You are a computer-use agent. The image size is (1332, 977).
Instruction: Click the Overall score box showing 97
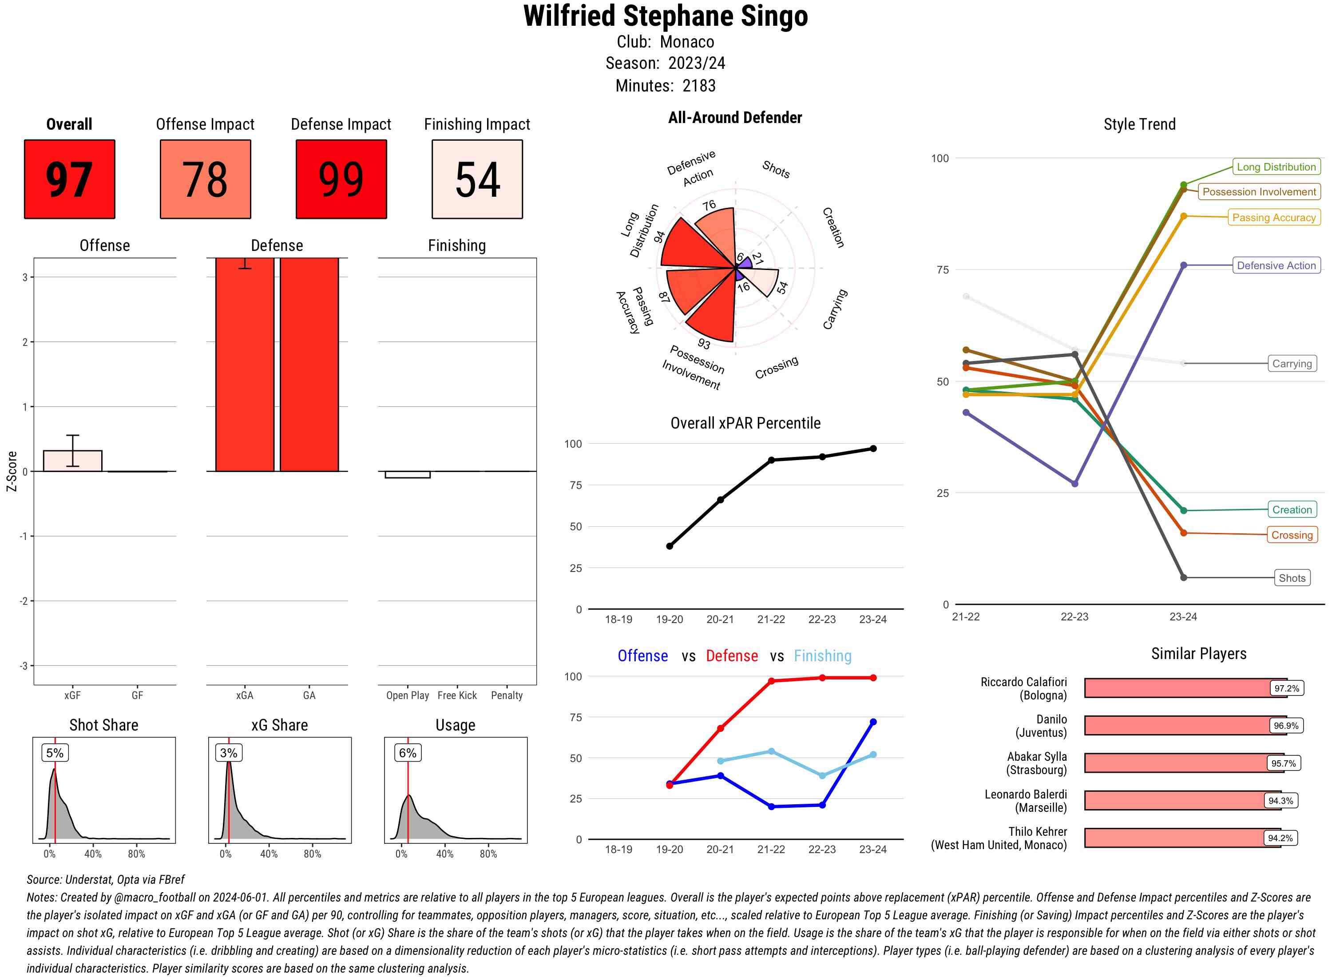pyautogui.click(x=69, y=179)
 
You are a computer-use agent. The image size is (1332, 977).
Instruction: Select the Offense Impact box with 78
pyautogui.click(x=205, y=179)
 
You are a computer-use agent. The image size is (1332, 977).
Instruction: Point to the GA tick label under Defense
pyautogui.click(x=309, y=695)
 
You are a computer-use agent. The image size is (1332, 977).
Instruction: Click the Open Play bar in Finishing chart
pyautogui.click(x=407, y=474)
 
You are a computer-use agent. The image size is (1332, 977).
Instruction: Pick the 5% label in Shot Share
pyautogui.click(x=55, y=753)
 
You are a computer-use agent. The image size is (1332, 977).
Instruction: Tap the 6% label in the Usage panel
pyautogui.click(x=407, y=753)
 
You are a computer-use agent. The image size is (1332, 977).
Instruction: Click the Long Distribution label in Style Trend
pyautogui.click(x=1276, y=167)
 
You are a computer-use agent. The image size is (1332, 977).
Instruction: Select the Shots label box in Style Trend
pyautogui.click(x=1292, y=578)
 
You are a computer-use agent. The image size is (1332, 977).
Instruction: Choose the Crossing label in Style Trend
pyautogui.click(x=1292, y=535)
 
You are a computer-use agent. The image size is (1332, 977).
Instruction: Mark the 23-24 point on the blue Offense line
pyautogui.click(x=872, y=722)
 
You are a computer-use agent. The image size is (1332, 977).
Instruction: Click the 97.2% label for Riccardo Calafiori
pyautogui.click(x=1286, y=688)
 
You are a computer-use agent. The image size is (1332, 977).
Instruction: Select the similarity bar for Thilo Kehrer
pyautogui.click(x=1182, y=838)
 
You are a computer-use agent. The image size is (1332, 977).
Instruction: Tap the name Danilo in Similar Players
pyautogui.click(x=1051, y=719)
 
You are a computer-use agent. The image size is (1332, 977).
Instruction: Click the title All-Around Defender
pyautogui.click(x=735, y=118)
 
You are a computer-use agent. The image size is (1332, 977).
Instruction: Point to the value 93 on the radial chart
pyautogui.click(x=704, y=344)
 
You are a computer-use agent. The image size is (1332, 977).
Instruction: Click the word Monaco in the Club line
pyautogui.click(x=687, y=42)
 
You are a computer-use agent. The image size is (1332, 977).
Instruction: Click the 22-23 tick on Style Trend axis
pyautogui.click(x=1074, y=617)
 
